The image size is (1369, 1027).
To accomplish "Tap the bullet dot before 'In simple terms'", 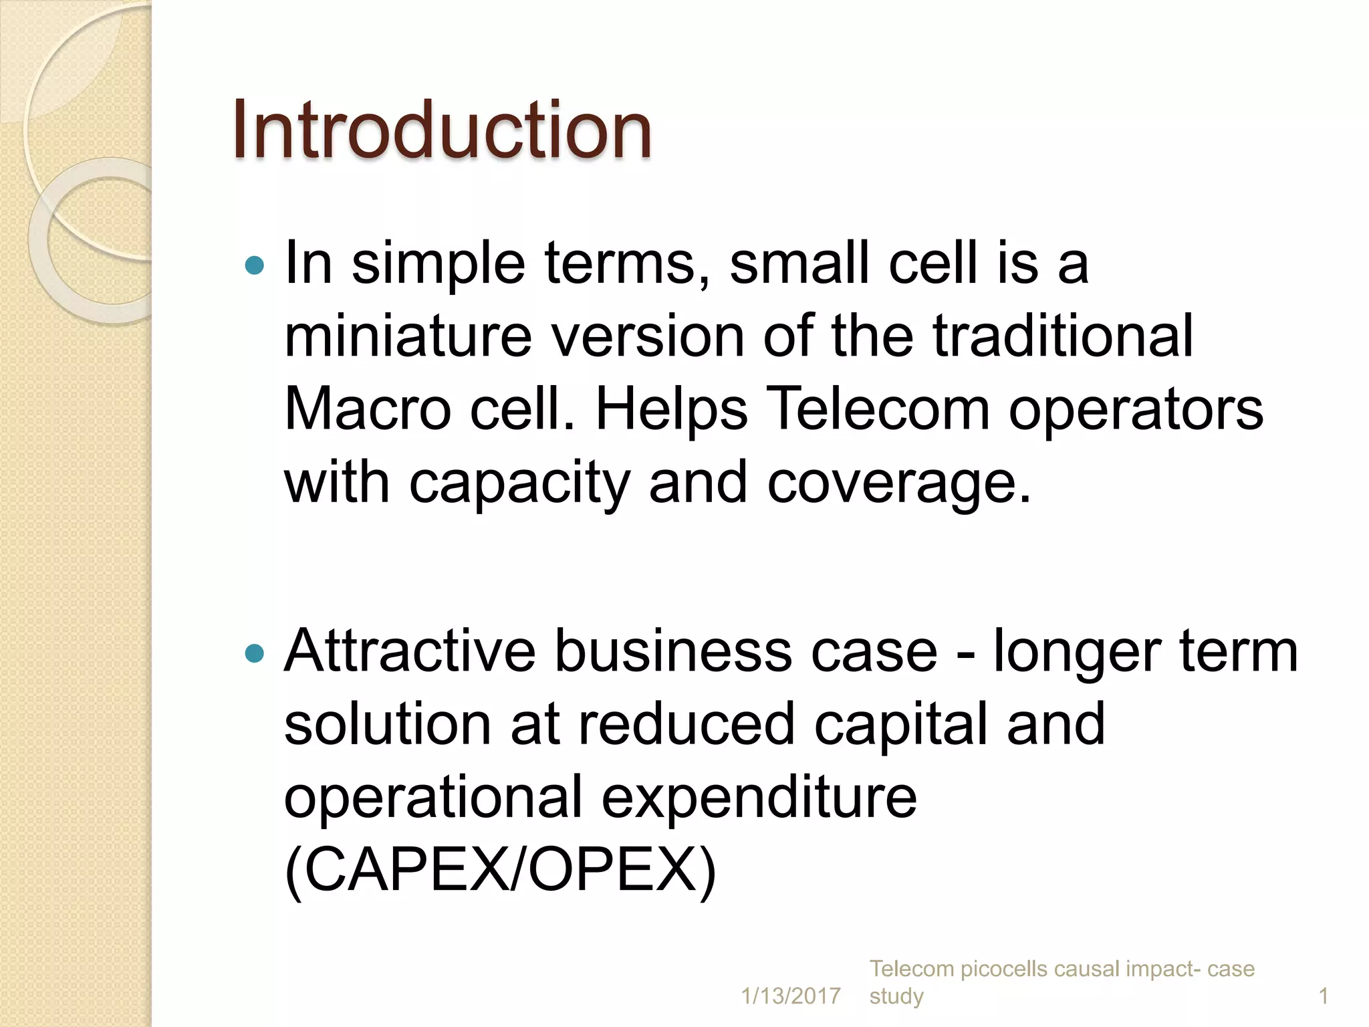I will click(255, 266).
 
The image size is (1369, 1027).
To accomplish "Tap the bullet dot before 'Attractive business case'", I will click(255, 653).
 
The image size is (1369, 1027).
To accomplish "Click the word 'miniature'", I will click(408, 336).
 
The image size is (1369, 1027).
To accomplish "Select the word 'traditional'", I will click(1063, 336).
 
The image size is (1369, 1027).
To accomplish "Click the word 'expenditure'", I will click(759, 798).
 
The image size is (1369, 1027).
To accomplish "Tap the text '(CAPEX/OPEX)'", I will click(500, 871).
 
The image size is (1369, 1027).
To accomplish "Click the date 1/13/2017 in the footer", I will click(791, 996).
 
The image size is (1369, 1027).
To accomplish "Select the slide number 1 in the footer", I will click(1323, 996).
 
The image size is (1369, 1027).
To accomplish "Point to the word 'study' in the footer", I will click(896, 996).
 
